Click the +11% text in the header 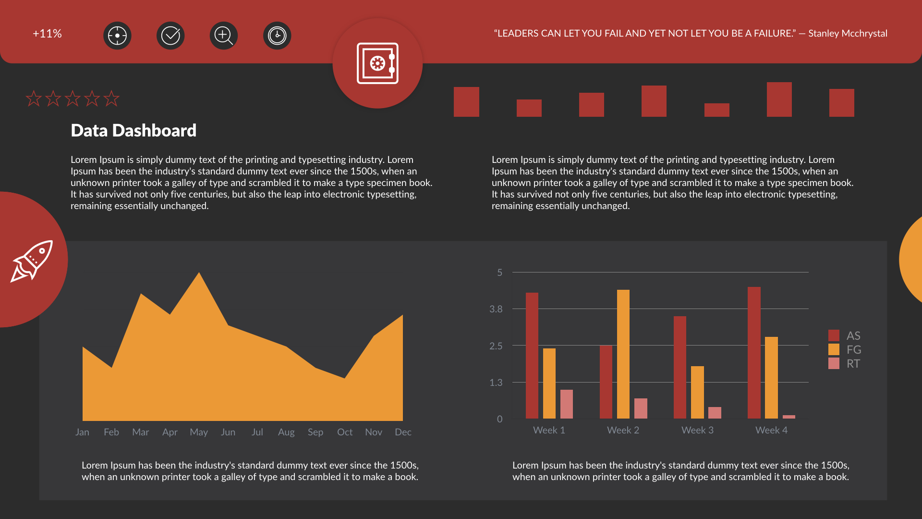tap(47, 34)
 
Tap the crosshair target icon tap(117, 36)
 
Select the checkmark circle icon tap(170, 36)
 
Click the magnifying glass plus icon tap(224, 36)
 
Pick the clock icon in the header tap(277, 36)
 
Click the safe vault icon tap(377, 63)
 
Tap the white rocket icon tap(32, 261)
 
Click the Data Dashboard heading tap(133, 130)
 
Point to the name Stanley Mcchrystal tap(848, 33)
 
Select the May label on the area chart tap(199, 432)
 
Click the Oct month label tap(345, 432)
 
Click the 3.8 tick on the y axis tap(496, 309)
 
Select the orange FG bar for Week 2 tap(623, 354)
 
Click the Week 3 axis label tap(697, 430)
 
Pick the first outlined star tap(34, 99)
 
